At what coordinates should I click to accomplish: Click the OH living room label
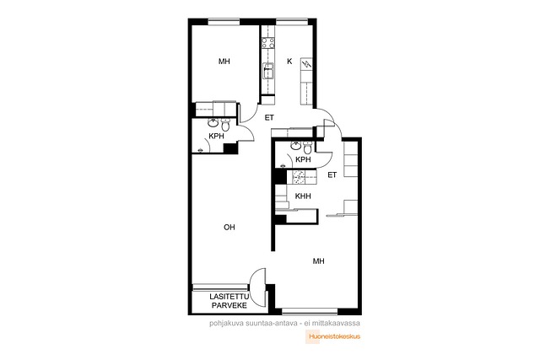pos(229,227)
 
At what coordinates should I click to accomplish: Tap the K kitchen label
pos(289,62)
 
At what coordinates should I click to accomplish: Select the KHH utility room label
pos(303,196)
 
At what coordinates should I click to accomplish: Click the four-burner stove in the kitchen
pos(268,43)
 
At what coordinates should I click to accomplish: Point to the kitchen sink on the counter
pos(268,71)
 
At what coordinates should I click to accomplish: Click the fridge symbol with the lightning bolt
pos(306,64)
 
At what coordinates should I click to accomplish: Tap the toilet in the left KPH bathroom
pos(225,124)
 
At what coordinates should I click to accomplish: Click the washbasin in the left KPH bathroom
pos(213,122)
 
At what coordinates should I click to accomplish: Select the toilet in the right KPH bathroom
pos(307,148)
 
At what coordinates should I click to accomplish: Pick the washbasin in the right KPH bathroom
pos(296,145)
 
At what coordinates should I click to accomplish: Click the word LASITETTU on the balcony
pos(229,297)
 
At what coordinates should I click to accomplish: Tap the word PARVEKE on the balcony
pos(229,305)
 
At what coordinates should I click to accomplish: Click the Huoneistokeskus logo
pos(332,336)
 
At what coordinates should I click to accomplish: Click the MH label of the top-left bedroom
pos(224,62)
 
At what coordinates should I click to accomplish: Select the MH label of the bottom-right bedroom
pos(319,261)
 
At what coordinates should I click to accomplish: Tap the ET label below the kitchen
pos(269,118)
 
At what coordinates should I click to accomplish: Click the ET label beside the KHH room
pos(332,175)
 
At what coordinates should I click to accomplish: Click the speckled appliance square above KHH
pos(298,176)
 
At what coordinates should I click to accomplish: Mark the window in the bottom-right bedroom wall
pos(310,312)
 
